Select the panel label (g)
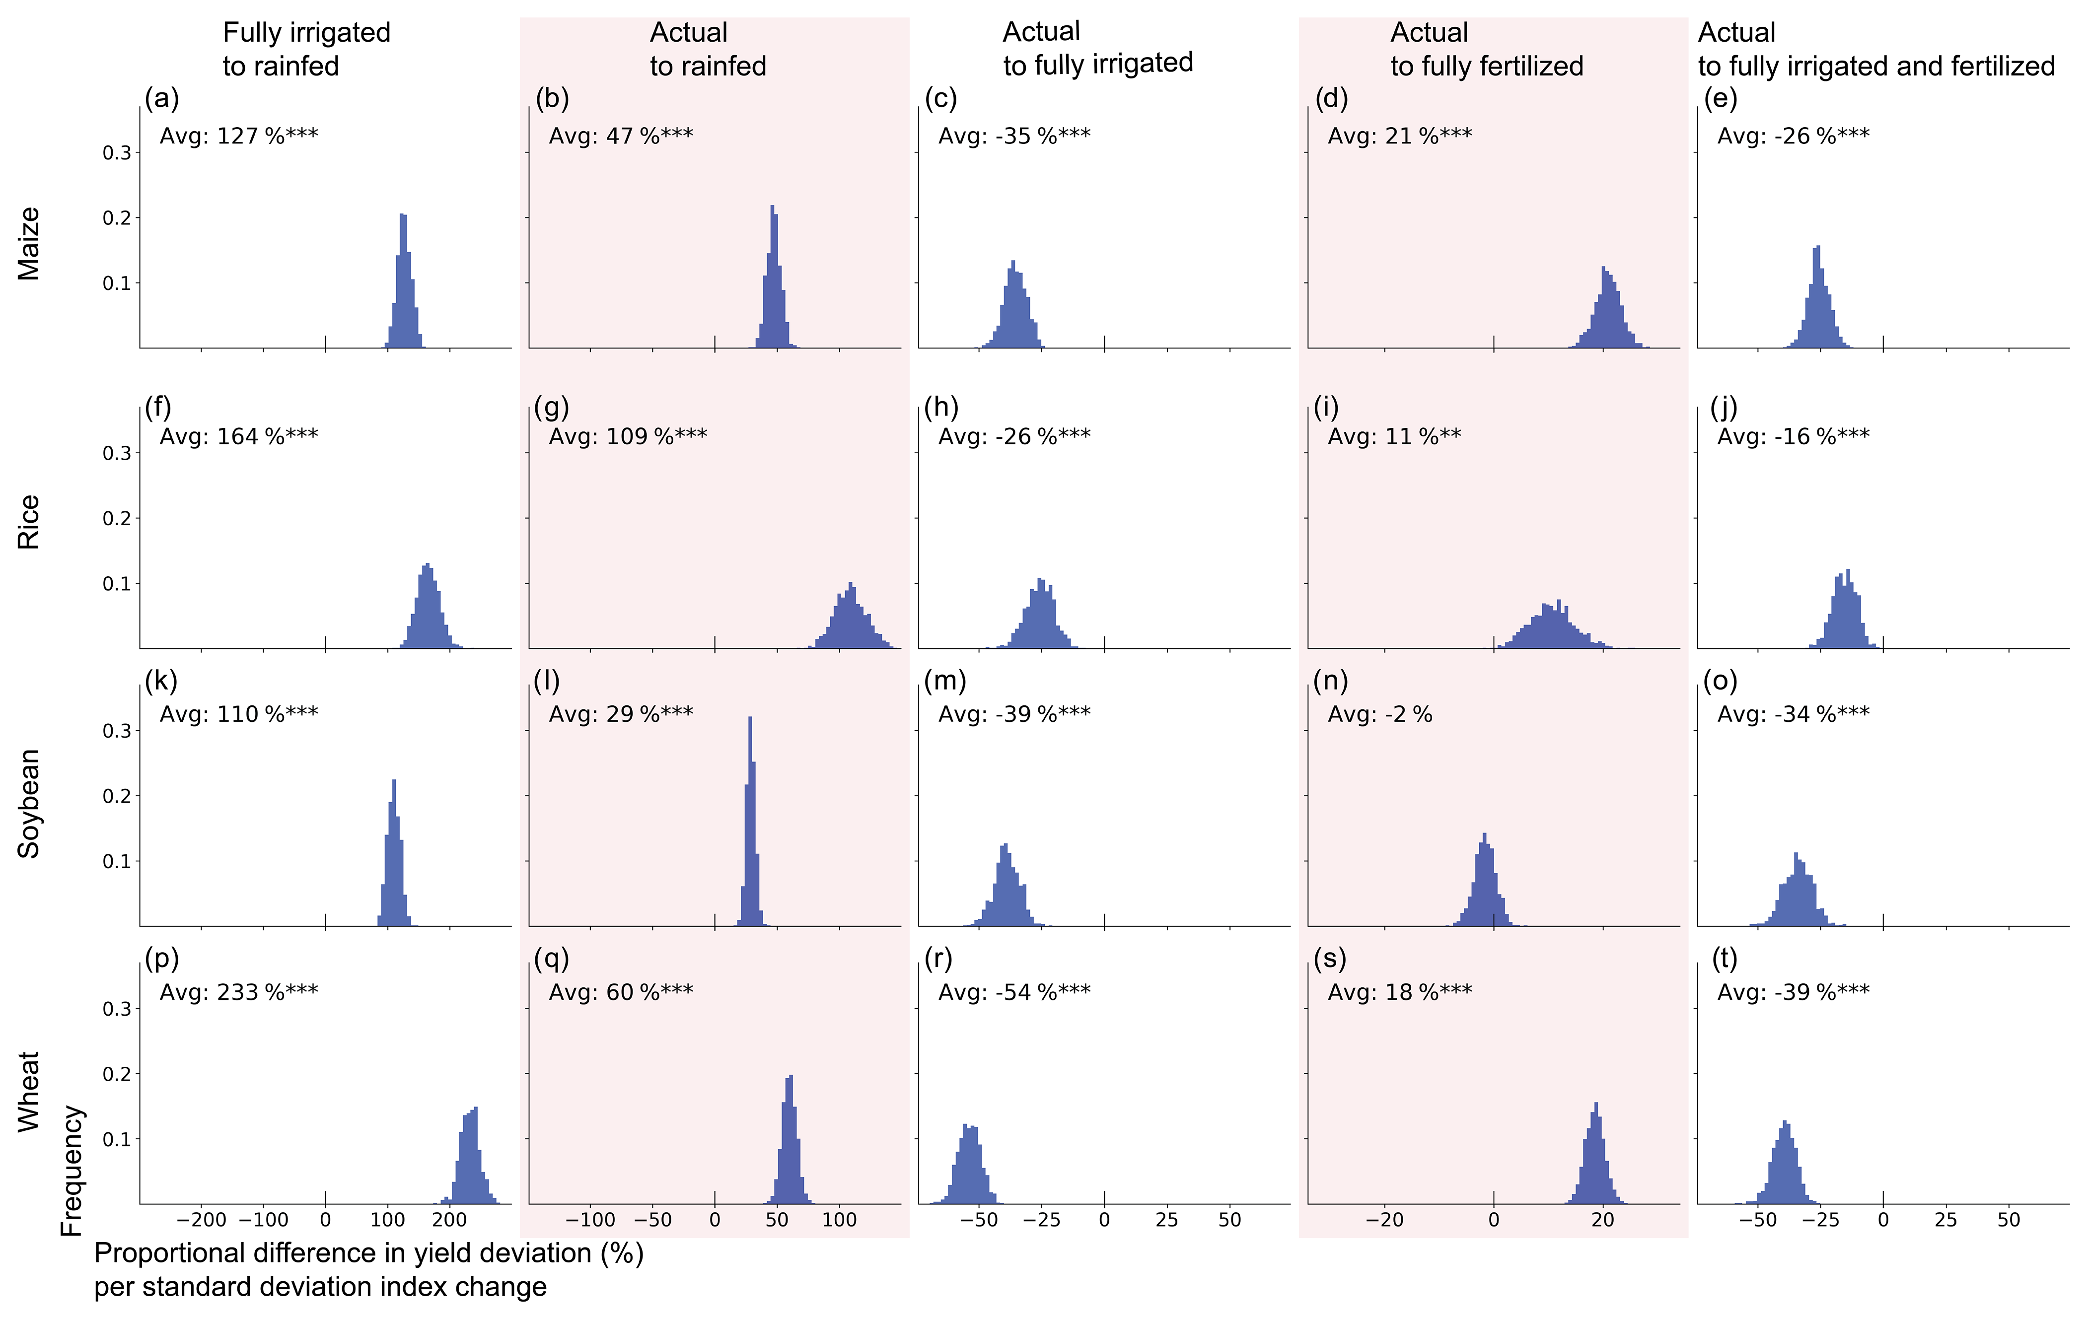click(x=552, y=407)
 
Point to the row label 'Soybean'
click(x=29, y=803)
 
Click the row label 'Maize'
click(x=29, y=244)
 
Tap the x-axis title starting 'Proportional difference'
click(x=368, y=1269)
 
